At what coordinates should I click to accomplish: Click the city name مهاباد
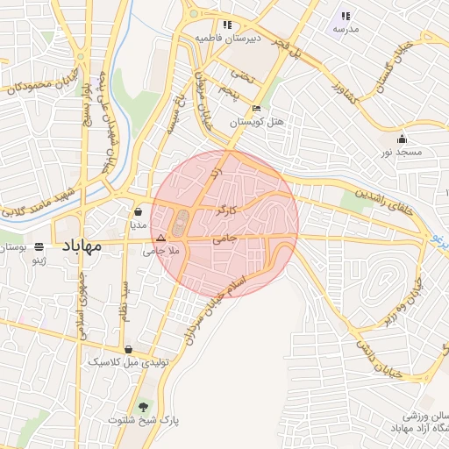pos(80,246)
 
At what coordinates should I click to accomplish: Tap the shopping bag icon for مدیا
pos(139,211)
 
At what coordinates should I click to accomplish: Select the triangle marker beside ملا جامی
pos(160,238)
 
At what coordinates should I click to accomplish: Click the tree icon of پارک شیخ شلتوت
pos(144,406)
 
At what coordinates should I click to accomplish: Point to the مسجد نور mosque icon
pos(402,139)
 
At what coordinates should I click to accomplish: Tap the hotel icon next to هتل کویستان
pos(256,109)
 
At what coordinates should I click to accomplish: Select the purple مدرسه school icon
pos(346,15)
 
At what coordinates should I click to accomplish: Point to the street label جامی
pos(225,237)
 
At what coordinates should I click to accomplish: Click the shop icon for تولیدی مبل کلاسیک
pos(128,348)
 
